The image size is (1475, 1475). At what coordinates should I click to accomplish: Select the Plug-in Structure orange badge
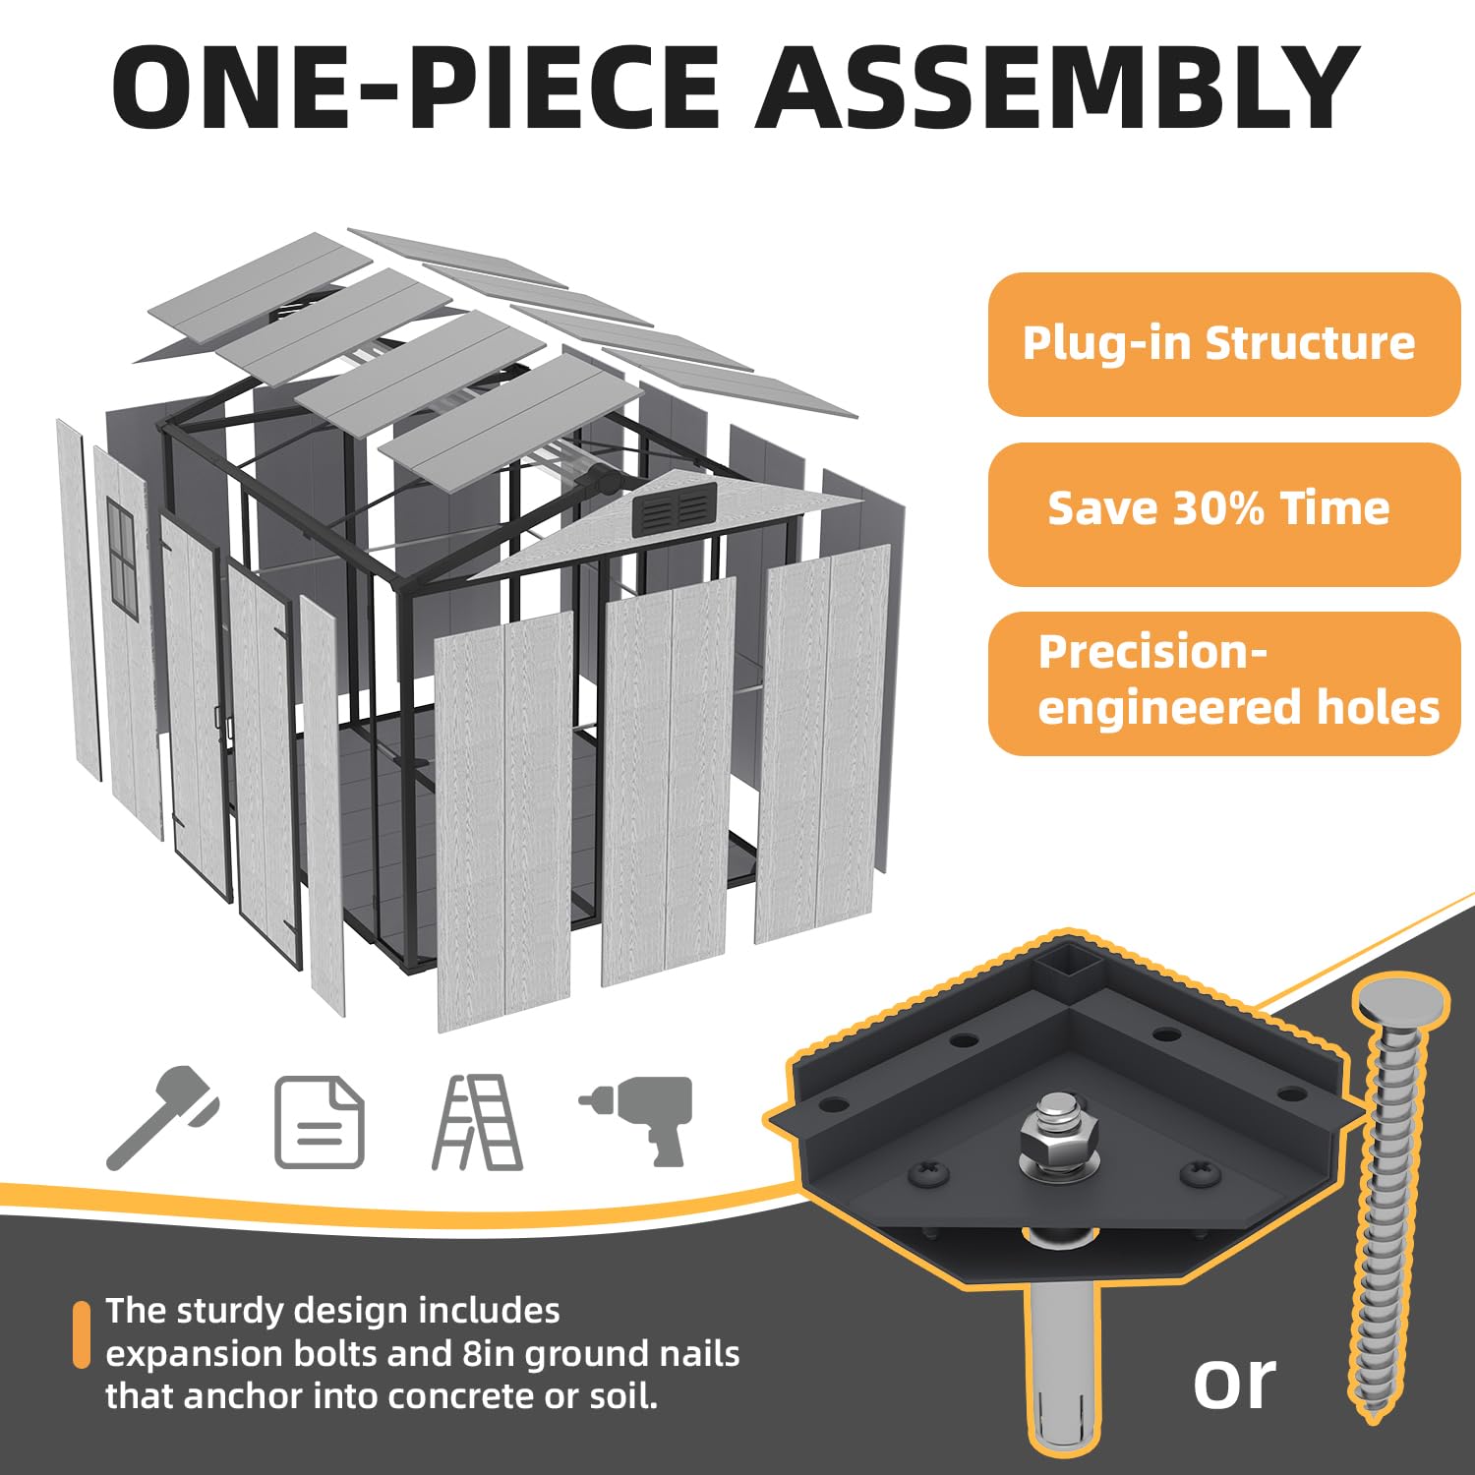(x=1223, y=344)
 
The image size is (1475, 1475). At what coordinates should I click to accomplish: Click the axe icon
(x=162, y=1117)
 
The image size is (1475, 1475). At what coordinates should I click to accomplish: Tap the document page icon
(x=319, y=1122)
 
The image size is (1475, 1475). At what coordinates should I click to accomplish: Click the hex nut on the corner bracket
(x=1053, y=1140)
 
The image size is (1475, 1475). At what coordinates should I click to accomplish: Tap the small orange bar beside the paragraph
(x=82, y=1334)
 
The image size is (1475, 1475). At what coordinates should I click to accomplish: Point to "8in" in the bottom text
(x=486, y=1354)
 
